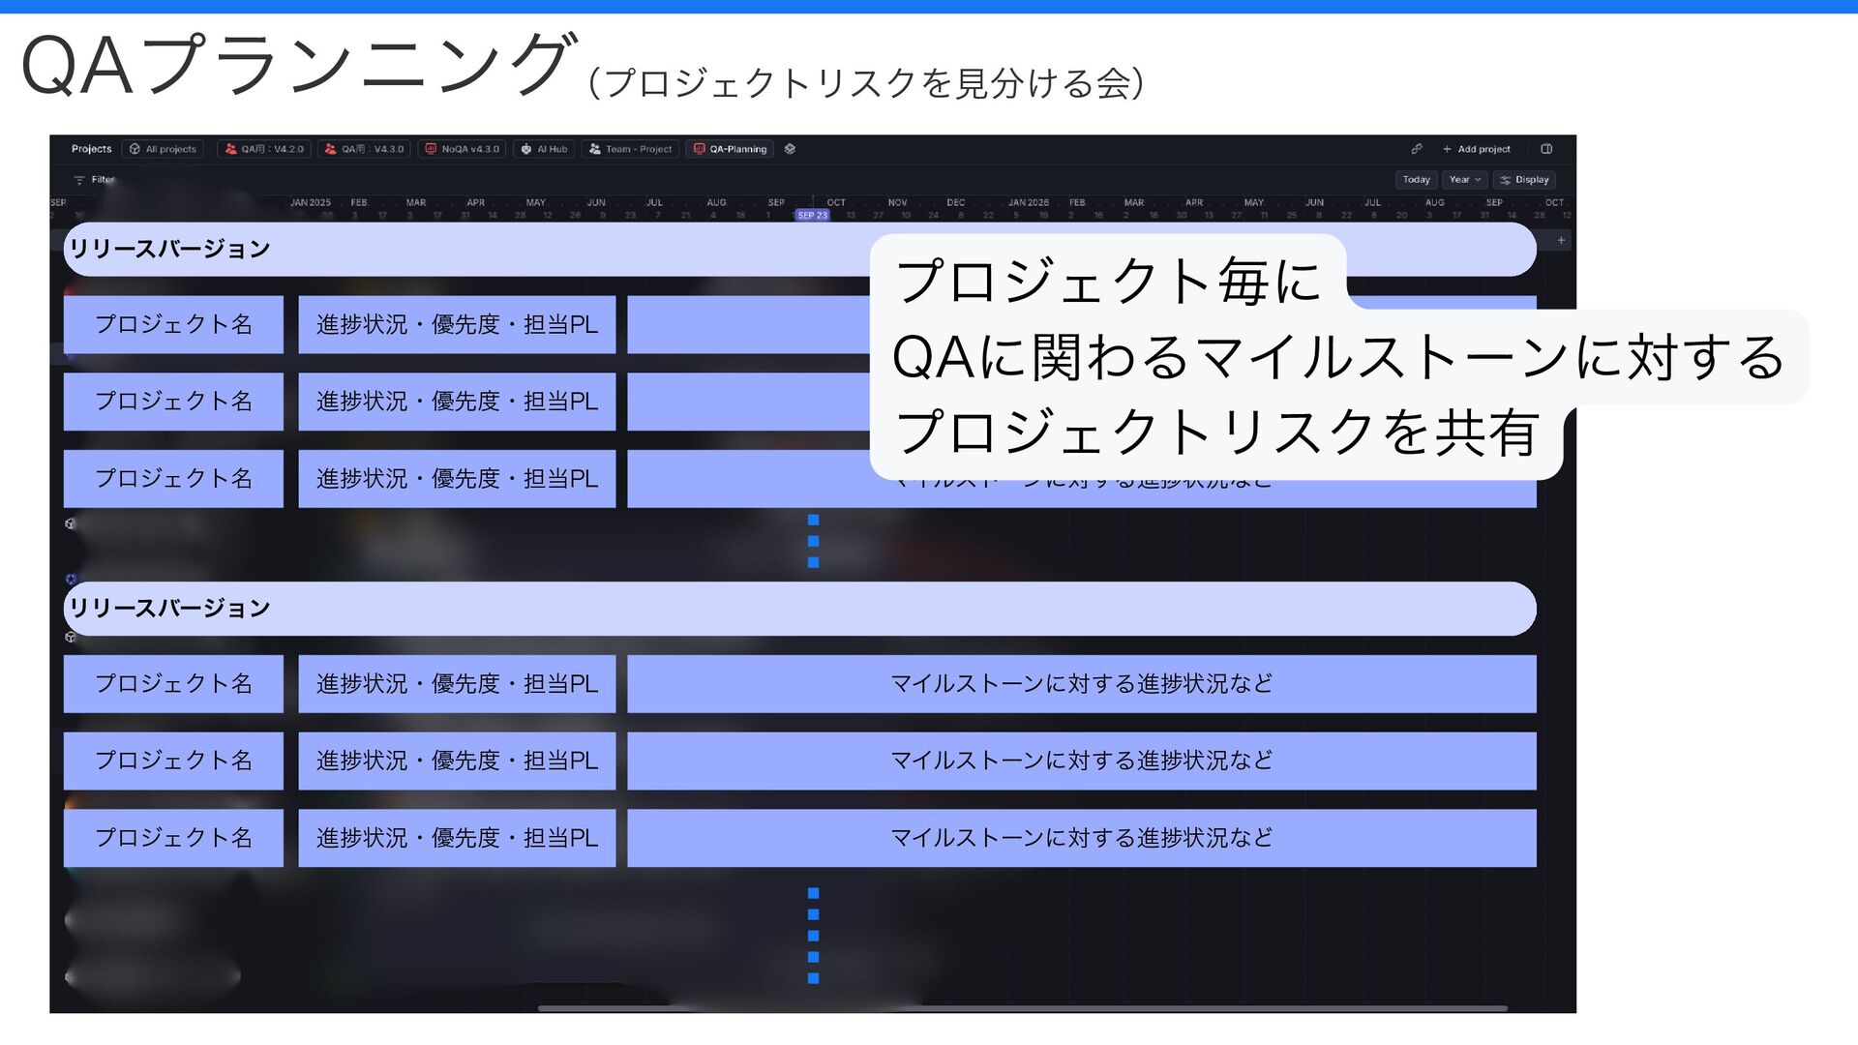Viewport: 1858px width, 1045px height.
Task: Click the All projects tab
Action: pos(164,149)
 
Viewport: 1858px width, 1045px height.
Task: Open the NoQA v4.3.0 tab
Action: pos(463,149)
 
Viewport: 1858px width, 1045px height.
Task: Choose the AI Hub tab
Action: pos(545,149)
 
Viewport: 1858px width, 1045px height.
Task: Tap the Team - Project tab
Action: pos(631,149)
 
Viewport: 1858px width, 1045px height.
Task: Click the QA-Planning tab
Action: pos(731,149)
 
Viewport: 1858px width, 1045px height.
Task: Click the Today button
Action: pos(1416,180)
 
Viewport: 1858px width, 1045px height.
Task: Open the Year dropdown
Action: pos(1464,180)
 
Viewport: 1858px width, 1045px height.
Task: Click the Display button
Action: pos(1524,180)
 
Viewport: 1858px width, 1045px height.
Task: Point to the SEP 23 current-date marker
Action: pos(812,215)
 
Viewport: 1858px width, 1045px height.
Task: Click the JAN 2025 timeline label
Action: pos(311,203)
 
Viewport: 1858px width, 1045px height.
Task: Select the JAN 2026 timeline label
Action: pos(1028,203)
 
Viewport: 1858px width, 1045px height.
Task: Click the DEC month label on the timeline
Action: pos(955,203)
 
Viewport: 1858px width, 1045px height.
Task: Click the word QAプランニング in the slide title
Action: pos(295,66)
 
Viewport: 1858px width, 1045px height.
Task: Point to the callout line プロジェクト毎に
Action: pos(1108,282)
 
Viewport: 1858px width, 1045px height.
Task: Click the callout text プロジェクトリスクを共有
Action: pos(1216,433)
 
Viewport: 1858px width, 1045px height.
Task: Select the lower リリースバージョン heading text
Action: pos(169,608)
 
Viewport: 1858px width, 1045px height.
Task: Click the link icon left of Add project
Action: pos(1416,149)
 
